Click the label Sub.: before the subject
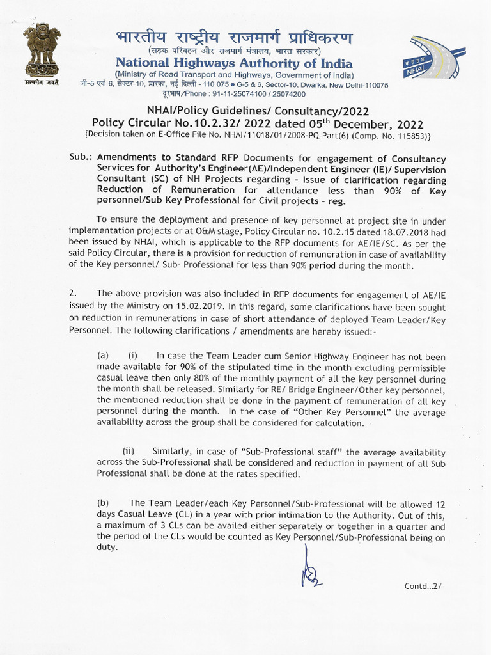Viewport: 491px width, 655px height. [80, 158]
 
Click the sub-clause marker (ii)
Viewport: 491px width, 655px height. [129, 451]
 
